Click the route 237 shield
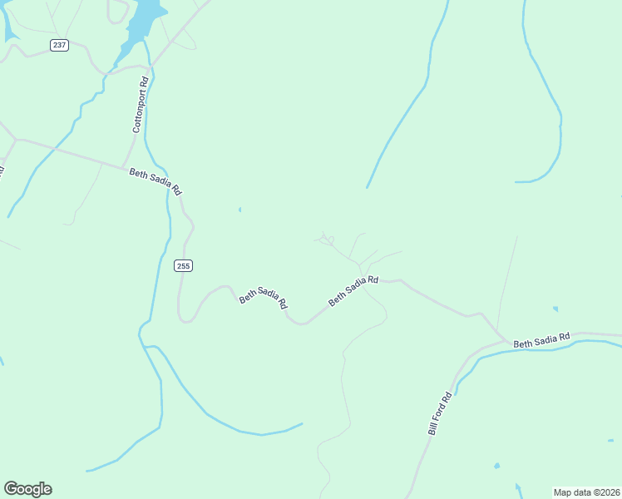(59, 45)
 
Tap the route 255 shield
(184, 265)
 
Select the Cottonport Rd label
(141, 105)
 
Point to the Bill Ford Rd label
(439, 413)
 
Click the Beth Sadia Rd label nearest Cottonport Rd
(155, 180)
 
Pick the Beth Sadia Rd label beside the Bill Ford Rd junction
(541, 340)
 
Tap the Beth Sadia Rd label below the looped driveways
(353, 291)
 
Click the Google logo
(27, 489)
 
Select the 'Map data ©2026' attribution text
(586, 492)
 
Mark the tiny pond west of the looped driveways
(239, 210)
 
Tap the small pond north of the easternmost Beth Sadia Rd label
(555, 309)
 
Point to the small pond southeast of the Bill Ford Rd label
(497, 466)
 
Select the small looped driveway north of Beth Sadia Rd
(326, 240)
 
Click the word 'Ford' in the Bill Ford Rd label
(439, 412)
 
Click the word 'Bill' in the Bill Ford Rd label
(432, 428)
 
